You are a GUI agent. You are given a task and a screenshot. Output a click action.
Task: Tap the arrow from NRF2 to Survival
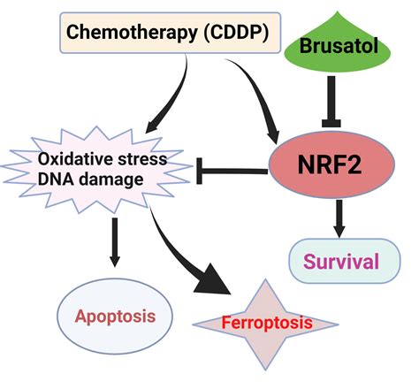click(x=339, y=217)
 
